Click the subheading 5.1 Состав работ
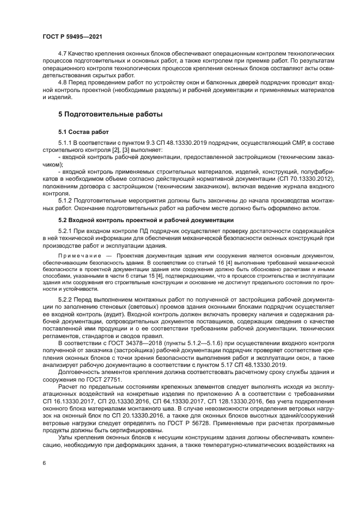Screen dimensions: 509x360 pyautogui.click(x=83, y=132)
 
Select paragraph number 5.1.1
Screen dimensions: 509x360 pyautogui.click(x=66, y=143)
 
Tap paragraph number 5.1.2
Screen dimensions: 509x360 pyautogui.click(x=66, y=200)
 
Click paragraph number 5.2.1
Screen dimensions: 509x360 pyautogui.click(x=66, y=231)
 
